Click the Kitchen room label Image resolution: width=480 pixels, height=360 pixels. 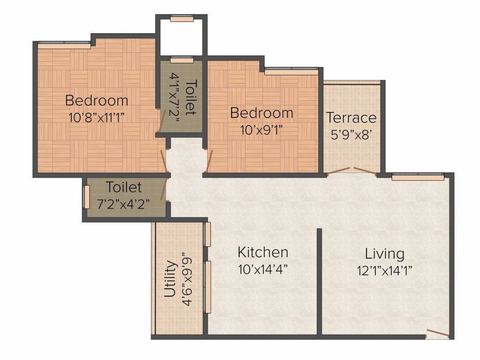pyautogui.click(x=262, y=252)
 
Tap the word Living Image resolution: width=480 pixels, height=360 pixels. pyautogui.click(x=384, y=254)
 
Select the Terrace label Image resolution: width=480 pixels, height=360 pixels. pyautogui.click(x=351, y=117)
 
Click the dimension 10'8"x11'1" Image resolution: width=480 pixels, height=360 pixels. pyautogui.click(x=97, y=117)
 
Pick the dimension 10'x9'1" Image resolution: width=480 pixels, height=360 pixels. pyautogui.click(x=262, y=129)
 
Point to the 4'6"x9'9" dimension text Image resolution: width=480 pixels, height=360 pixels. pyautogui.click(x=187, y=279)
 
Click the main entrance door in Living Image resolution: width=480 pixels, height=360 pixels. pyautogui.click(x=437, y=334)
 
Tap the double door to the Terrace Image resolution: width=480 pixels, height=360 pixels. pyautogui.click(x=352, y=171)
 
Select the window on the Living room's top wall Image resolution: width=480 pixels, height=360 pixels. pyautogui.click(x=418, y=177)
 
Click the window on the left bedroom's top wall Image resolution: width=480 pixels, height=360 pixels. pyautogui.click(x=64, y=45)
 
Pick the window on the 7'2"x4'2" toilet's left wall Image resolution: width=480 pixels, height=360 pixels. pyautogui.click(x=86, y=197)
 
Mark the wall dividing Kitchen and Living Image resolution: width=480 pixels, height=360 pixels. pyautogui.click(x=319, y=281)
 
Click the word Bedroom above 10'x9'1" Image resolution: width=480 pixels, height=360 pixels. pyautogui.click(x=262, y=113)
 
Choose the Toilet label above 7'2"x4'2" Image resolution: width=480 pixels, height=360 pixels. pyautogui.click(x=123, y=187)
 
